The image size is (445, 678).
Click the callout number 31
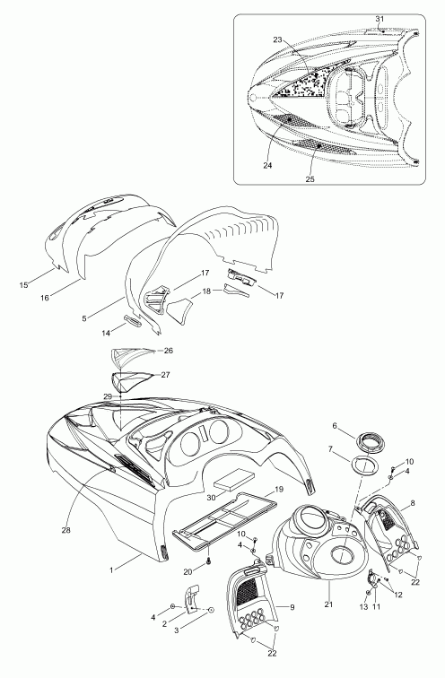[x=380, y=19]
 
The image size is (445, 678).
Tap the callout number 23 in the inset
[x=277, y=39]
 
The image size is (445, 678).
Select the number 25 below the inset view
[x=310, y=179]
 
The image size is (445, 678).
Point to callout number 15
[x=24, y=284]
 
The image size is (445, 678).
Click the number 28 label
[x=65, y=530]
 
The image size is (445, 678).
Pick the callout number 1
[x=111, y=570]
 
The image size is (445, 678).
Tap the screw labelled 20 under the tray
[x=208, y=561]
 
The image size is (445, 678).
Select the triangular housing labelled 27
[x=131, y=381]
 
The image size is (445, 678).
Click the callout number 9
[x=292, y=607]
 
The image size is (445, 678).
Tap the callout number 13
[x=363, y=607]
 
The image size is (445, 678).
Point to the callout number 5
[x=84, y=318]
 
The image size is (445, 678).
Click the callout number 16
[x=45, y=298]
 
